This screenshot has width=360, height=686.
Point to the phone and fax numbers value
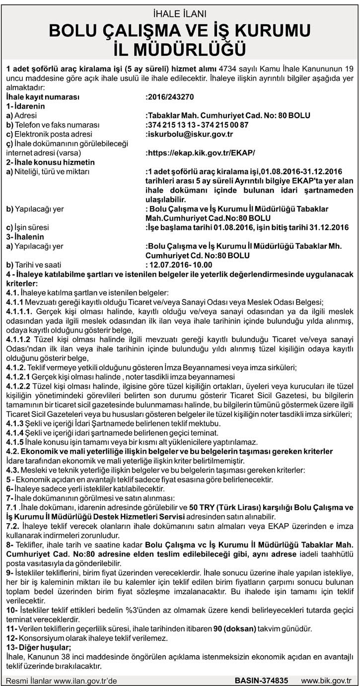197,125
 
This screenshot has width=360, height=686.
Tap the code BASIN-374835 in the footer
261,680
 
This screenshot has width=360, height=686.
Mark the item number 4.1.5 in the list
14,442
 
